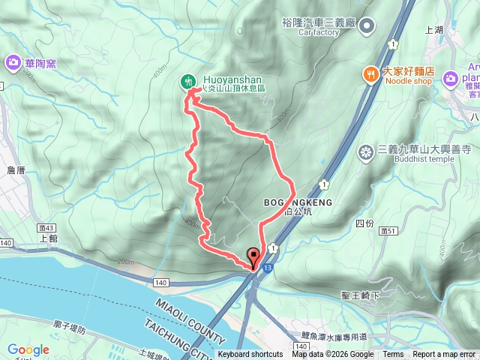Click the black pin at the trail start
click(253, 256)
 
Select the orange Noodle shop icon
click(370, 73)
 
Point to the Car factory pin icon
click(367, 27)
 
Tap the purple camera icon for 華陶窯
click(13, 62)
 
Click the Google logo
click(28, 349)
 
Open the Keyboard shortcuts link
click(250, 355)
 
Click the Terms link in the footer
click(393, 355)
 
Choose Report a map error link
click(444, 355)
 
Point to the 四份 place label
click(364, 223)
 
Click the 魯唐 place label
click(16, 171)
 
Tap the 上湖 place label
click(434, 31)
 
